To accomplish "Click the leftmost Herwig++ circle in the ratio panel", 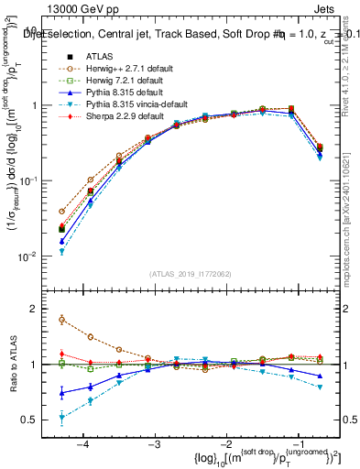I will click(x=61, y=320).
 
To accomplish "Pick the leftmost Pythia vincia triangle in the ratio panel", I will click(x=61, y=418).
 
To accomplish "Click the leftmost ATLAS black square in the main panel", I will click(x=61, y=229).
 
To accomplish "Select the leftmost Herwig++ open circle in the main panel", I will click(x=61, y=211).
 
